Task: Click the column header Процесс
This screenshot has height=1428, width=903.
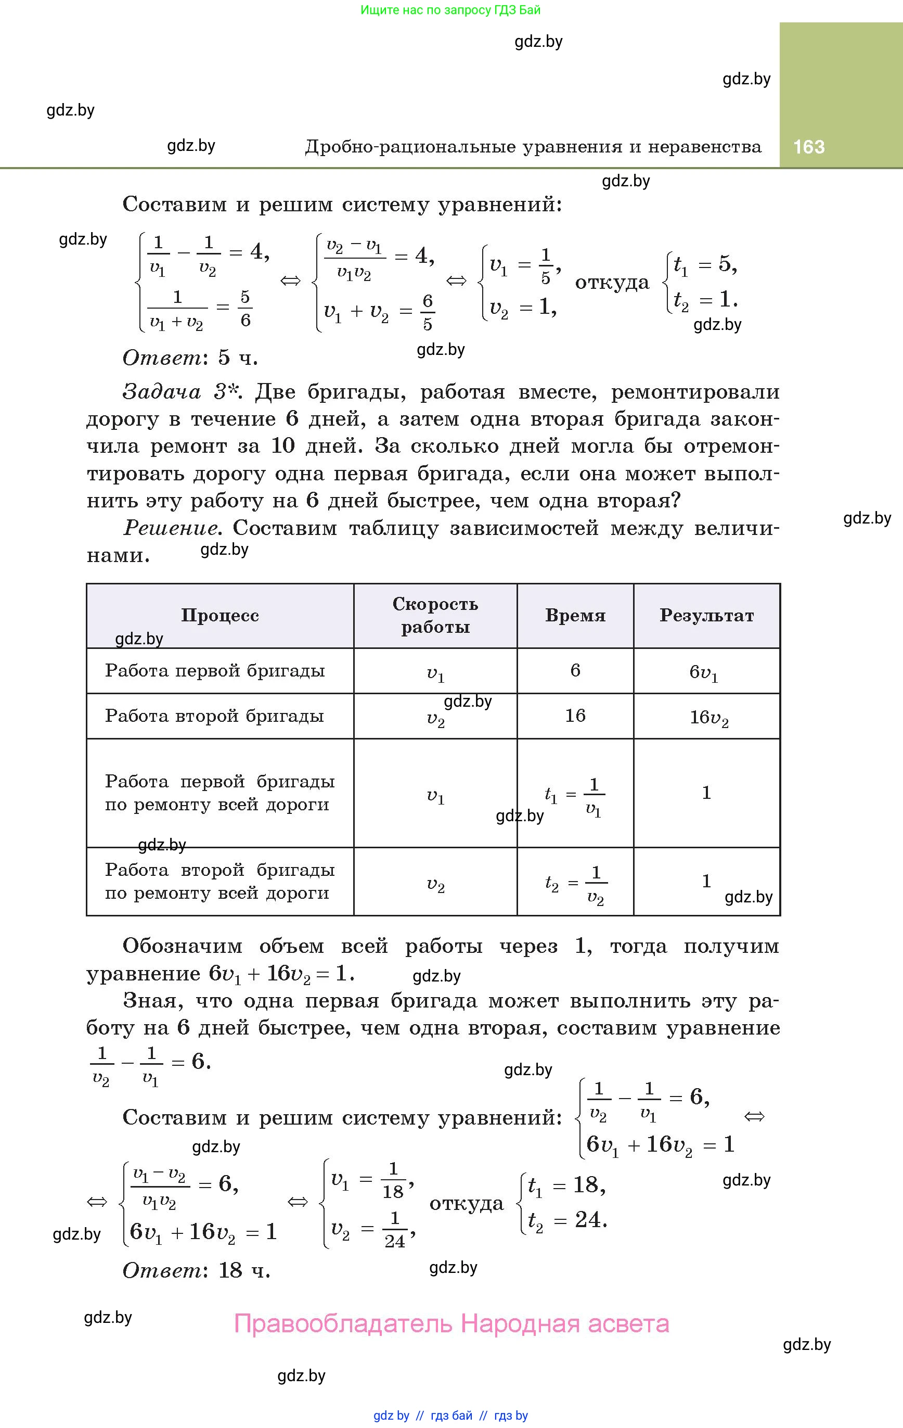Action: [220, 616]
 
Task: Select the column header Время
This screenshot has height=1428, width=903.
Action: [575, 616]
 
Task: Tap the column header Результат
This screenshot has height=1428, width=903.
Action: [706, 616]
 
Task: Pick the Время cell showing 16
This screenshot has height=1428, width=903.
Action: [575, 716]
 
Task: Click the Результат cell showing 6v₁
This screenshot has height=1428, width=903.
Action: [704, 672]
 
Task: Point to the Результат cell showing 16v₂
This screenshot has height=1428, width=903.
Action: [708, 718]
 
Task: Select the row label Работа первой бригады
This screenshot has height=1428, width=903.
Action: [215, 671]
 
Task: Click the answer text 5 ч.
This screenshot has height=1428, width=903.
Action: [238, 357]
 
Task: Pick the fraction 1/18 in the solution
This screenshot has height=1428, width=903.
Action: [393, 1181]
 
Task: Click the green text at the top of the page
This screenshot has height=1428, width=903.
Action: [450, 10]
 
